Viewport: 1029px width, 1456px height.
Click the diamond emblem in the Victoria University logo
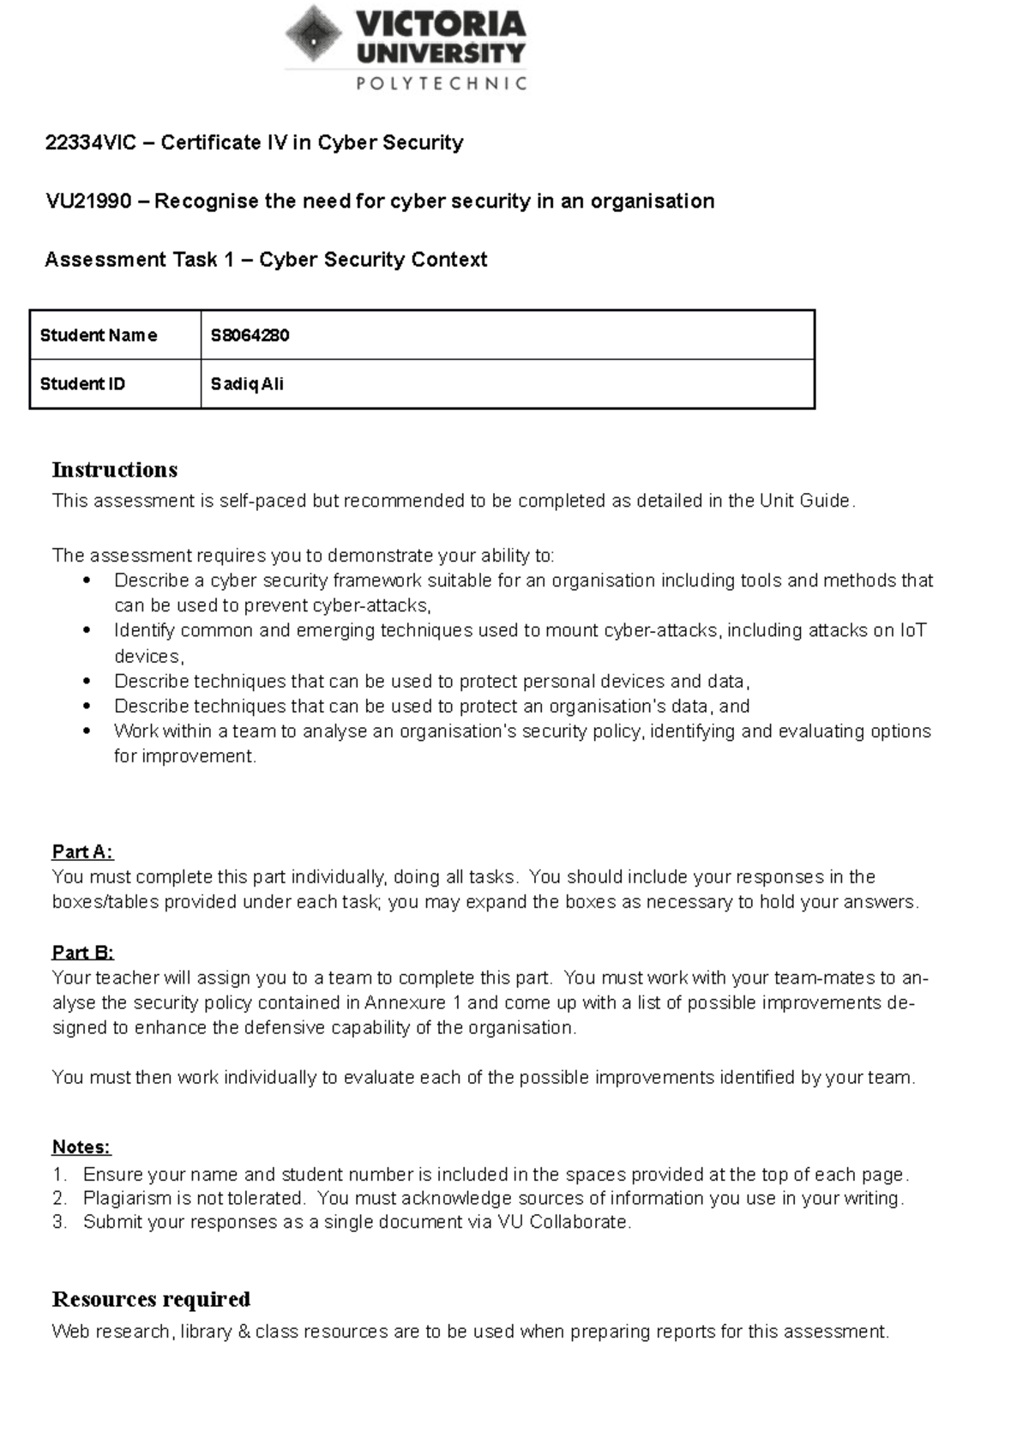(x=314, y=34)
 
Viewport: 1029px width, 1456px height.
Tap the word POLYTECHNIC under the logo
(x=441, y=83)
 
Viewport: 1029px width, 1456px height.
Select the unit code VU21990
(x=88, y=202)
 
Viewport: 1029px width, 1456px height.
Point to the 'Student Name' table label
(x=99, y=335)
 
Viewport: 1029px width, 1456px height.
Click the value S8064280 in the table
(x=250, y=335)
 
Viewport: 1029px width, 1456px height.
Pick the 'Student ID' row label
(x=82, y=384)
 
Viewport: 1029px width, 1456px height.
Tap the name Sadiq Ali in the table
(x=247, y=384)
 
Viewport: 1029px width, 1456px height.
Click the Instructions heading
(x=115, y=470)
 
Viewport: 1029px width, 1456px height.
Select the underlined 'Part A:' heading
(x=82, y=851)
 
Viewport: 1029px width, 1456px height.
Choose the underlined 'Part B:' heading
(x=82, y=953)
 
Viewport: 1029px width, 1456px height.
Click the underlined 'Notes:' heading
(x=81, y=1147)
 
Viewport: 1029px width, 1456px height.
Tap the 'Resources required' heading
(x=151, y=1299)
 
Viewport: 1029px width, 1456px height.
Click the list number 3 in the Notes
(x=58, y=1222)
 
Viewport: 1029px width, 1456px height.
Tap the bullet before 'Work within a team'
(x=87, y=731)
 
